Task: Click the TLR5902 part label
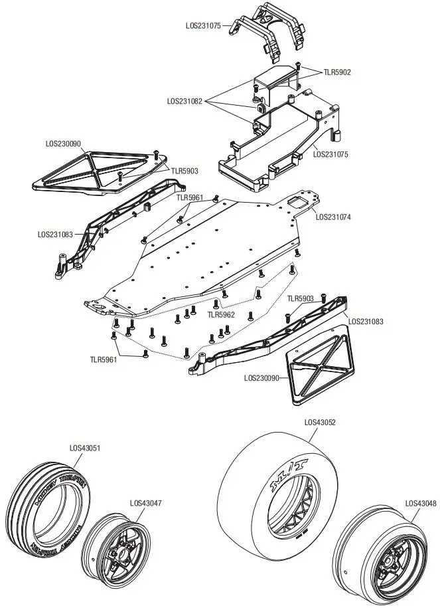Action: tap(337, 72)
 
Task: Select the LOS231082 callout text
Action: tap(185, 101)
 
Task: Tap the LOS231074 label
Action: tap(333, 216)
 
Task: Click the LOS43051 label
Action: tap(85, 448)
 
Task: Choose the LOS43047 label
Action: tap(146, 503)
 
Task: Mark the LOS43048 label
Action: tap(421, 503)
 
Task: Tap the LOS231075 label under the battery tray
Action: tap(330, 154)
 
